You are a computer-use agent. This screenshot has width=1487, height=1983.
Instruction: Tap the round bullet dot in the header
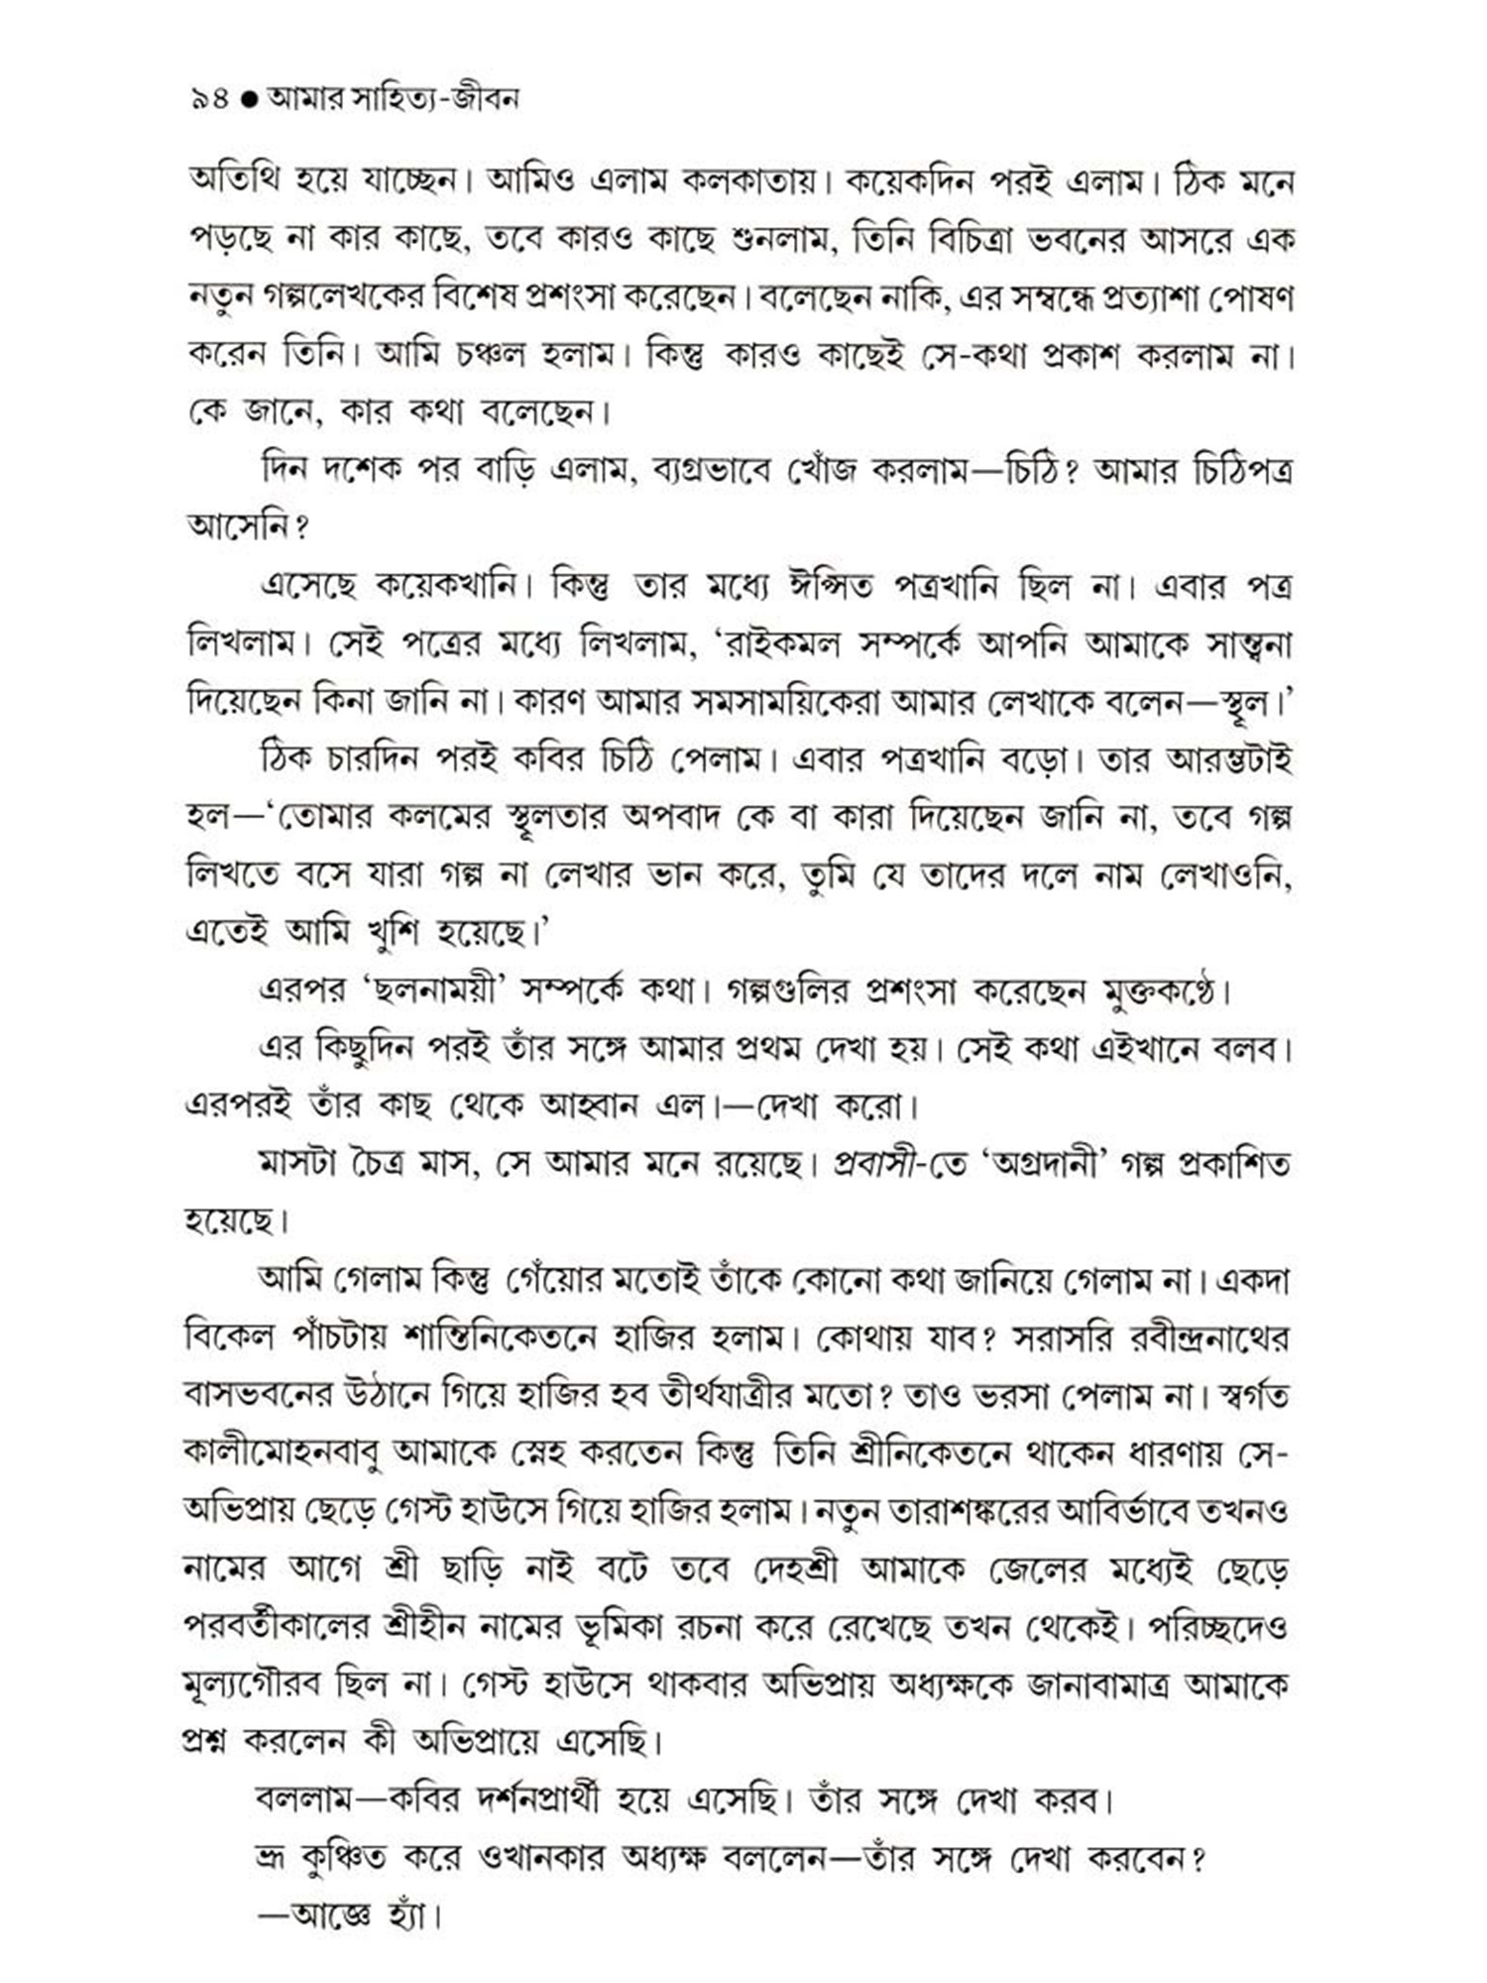[x=250, y=99]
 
